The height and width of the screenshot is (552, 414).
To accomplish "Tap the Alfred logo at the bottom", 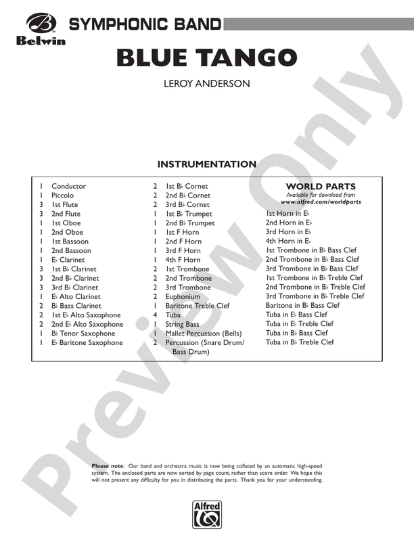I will tap(207, 513).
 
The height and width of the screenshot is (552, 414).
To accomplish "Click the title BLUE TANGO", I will tap(207, 58).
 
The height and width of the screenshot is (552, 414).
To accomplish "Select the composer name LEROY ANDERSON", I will tap(207, 85).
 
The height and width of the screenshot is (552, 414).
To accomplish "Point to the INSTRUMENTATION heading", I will tap(207, 164).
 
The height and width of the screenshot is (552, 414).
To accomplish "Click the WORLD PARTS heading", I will tap(321, 187).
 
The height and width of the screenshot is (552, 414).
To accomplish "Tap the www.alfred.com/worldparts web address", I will tap(321, 202).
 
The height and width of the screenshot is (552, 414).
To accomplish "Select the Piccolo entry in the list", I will tap(63, 195).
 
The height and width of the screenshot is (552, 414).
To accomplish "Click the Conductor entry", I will tap(68, 186).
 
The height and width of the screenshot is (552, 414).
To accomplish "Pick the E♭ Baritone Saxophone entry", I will tap(87, 343).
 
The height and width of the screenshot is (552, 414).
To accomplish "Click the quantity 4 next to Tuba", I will tap(156, 315).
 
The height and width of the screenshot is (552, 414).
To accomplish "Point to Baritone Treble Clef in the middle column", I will tap(198, 306).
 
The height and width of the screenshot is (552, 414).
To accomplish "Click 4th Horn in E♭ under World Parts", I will tap(289, 241).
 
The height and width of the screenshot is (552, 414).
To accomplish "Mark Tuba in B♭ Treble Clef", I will tap(300, 342).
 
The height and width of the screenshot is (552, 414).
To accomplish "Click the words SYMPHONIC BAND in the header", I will tap(145, 25).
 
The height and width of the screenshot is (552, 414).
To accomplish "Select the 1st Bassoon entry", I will tap(70, 241).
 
